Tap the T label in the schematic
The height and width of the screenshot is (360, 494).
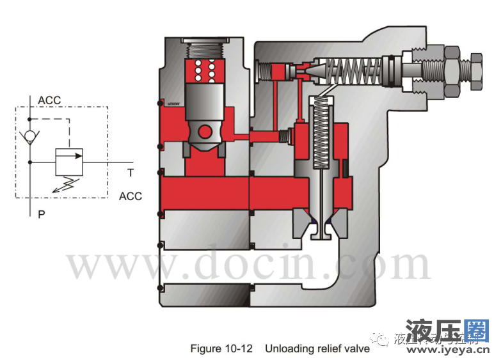click(x=130, y=172)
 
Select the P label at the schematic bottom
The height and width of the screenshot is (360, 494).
click(x=41, y=215)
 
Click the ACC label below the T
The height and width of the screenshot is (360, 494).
click(x=131, y=196)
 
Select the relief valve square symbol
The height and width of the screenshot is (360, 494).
click(x=68, y=161)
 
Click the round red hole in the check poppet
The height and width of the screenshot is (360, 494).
click(x=205, y=132)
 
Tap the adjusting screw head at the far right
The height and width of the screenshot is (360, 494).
click(x=477, y=67)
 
